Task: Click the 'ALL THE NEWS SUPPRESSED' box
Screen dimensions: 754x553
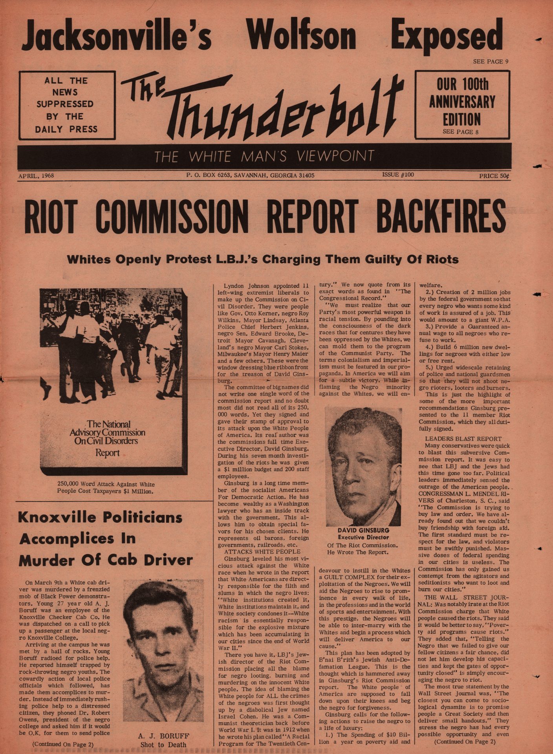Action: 67,104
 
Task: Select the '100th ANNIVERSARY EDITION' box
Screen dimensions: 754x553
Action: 462,104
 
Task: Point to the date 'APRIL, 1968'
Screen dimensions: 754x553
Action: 36,176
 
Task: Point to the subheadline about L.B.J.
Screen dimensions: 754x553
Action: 263,259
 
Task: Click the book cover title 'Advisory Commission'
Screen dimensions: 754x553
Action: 107,432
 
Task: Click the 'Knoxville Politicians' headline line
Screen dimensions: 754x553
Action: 101,517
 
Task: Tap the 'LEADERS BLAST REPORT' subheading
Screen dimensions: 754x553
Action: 463,438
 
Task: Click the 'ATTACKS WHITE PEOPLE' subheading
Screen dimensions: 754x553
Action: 262,551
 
